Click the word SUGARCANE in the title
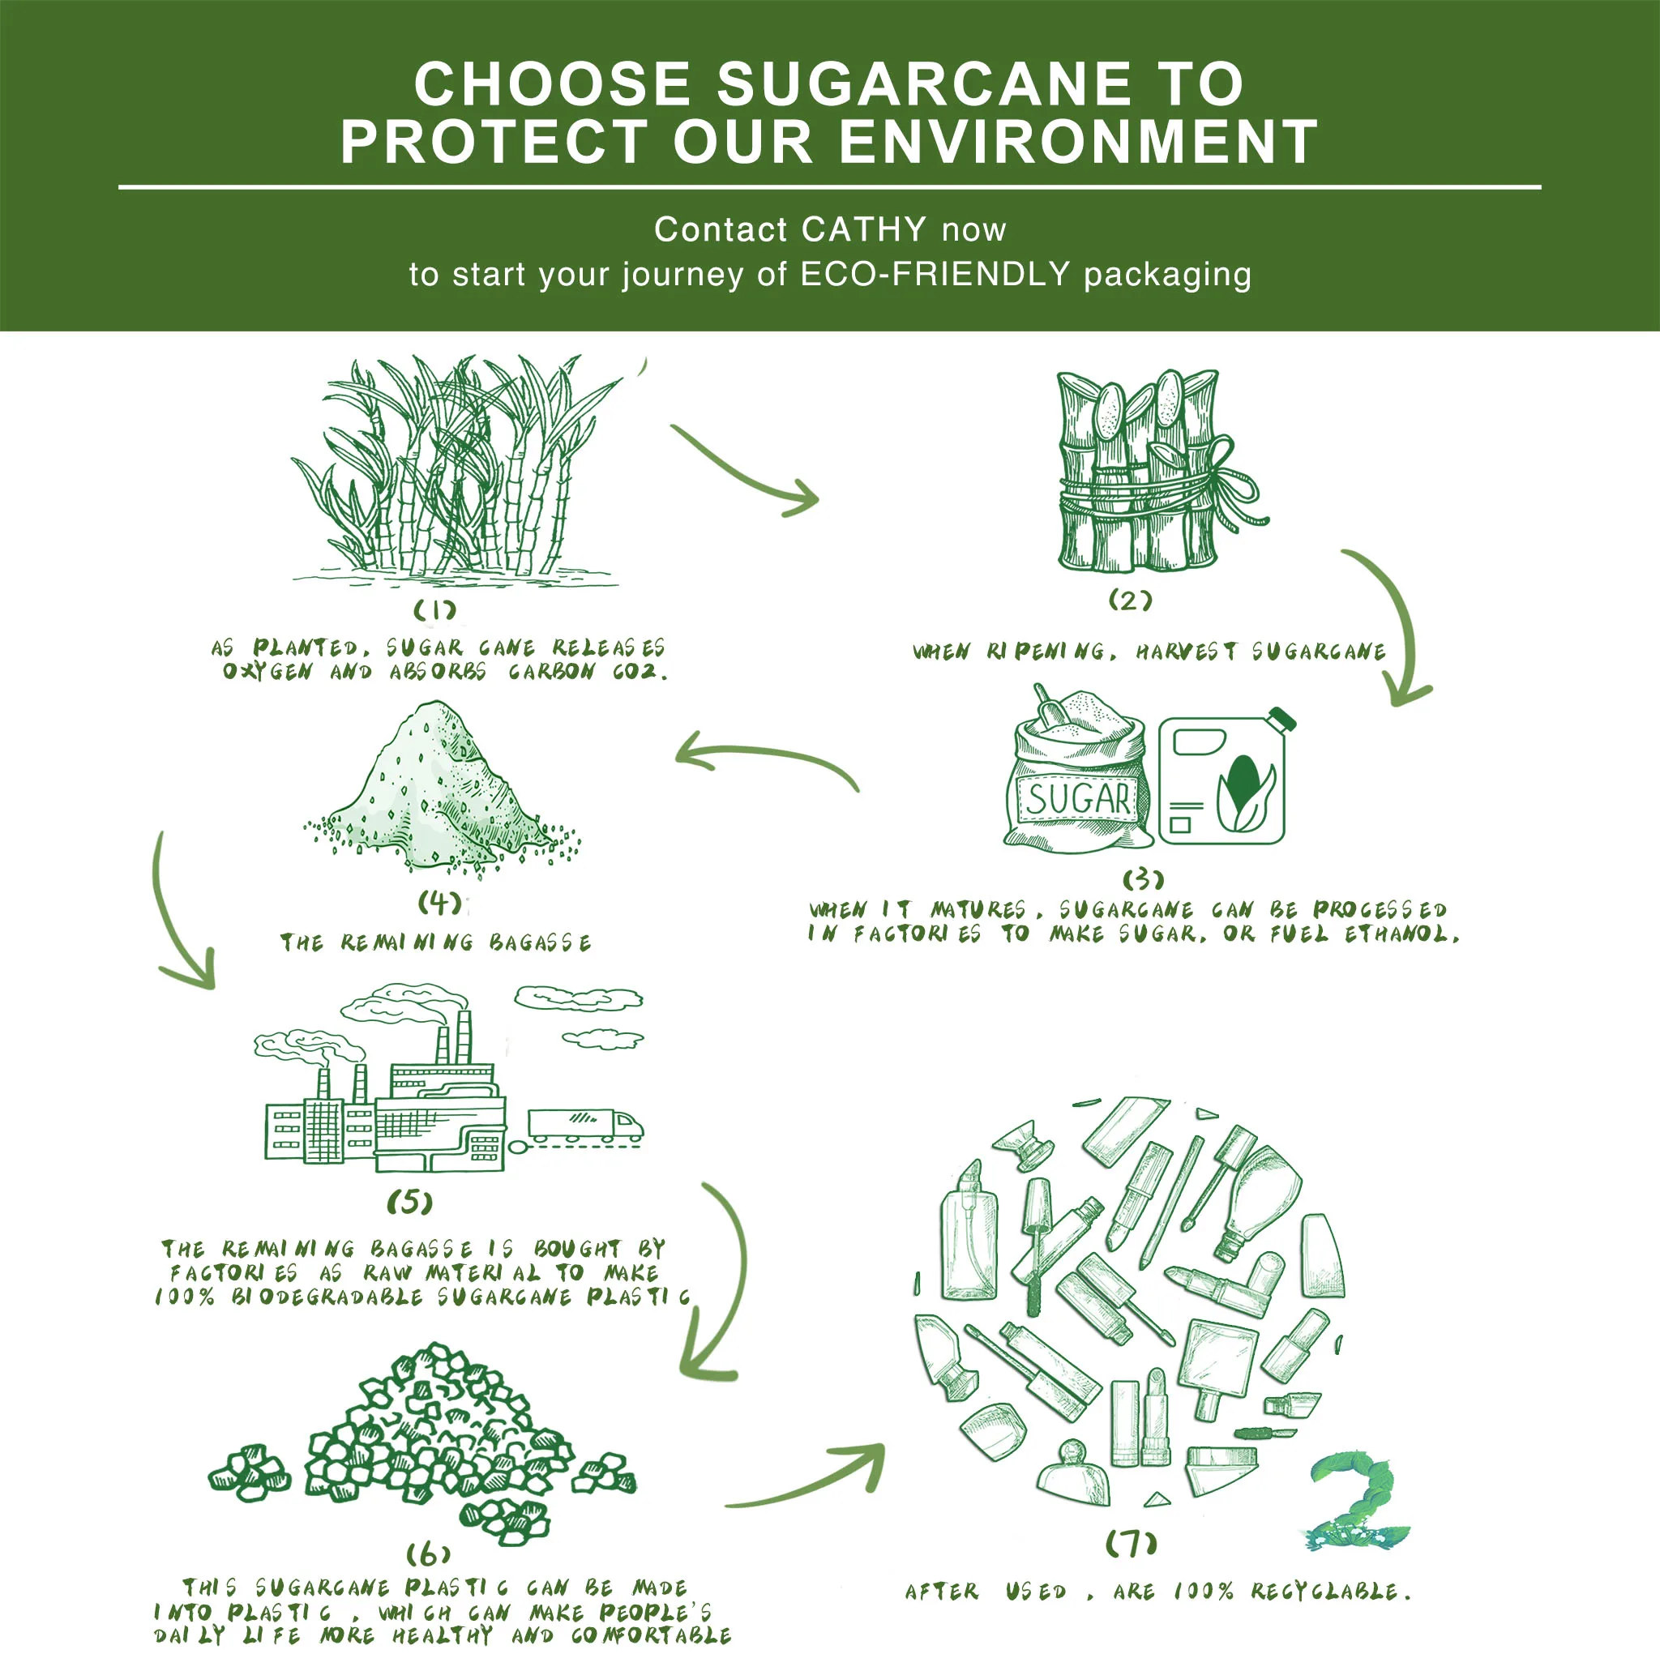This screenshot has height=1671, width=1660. point(923,85)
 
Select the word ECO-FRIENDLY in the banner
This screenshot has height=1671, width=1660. point(936,275)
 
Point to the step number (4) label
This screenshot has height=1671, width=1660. point(439,904)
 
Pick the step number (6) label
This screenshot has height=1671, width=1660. point(428,1555)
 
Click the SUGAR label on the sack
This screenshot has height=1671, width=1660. point(1077,798)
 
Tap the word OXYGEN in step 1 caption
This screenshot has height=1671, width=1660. point(267,672)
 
